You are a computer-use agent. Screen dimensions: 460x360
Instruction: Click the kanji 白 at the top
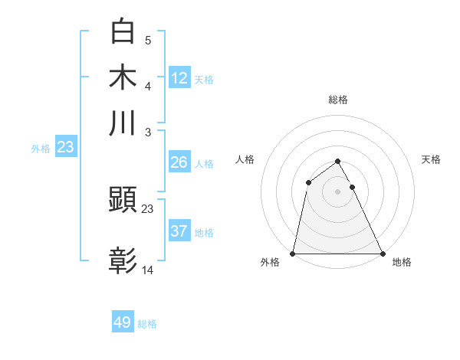pos(123,31)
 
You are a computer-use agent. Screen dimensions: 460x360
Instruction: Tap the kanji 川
pos(123,123)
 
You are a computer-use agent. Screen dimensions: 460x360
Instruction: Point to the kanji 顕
pos(123,201)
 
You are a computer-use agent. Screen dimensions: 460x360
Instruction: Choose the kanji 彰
pos(123,261)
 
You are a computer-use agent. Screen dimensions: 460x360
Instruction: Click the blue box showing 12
pos(179,77)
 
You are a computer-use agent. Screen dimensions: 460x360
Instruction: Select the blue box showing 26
pos(179,162)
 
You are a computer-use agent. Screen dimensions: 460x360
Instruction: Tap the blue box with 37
pos(179,231)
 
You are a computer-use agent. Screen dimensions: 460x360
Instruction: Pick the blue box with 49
pos(123,322)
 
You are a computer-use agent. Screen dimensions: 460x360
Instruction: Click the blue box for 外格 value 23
pos(65,148)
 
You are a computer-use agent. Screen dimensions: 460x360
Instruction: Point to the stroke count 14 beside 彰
pos(148,270)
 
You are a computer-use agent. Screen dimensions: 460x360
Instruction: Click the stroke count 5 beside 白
pos(147,39)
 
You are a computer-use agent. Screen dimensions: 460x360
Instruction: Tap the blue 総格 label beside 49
pos(147,324)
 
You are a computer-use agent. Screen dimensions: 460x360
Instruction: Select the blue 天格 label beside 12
pos(204,80)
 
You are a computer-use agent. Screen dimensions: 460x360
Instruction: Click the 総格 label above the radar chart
pos(338,100)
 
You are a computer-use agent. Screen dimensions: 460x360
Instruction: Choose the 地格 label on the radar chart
pos(402,263)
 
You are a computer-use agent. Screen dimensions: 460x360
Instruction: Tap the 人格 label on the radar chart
pos(245,159)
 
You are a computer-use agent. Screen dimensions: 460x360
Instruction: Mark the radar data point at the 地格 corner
pos(382,254)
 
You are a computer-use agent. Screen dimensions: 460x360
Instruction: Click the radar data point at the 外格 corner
pos(294,254)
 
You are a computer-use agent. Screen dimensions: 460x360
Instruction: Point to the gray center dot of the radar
pos(338,191)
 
